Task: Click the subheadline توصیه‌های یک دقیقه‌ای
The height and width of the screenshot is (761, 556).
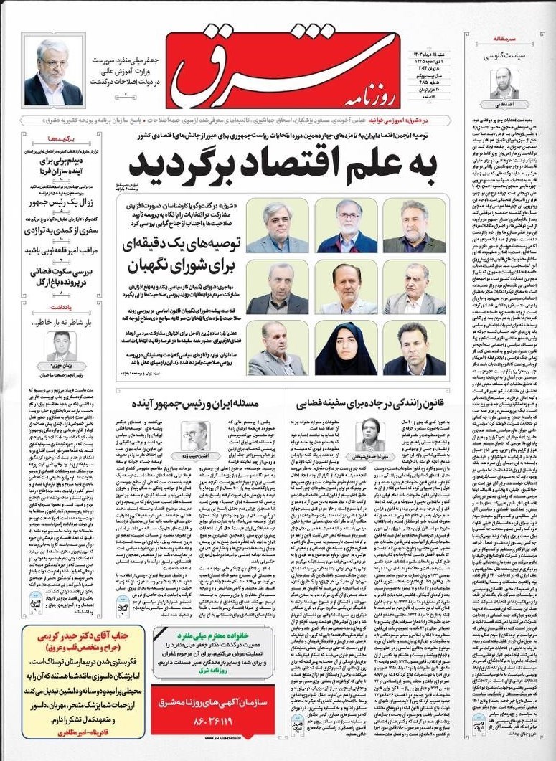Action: coord(183,245)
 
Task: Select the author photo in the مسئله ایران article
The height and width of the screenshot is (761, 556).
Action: coord(194,433)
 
